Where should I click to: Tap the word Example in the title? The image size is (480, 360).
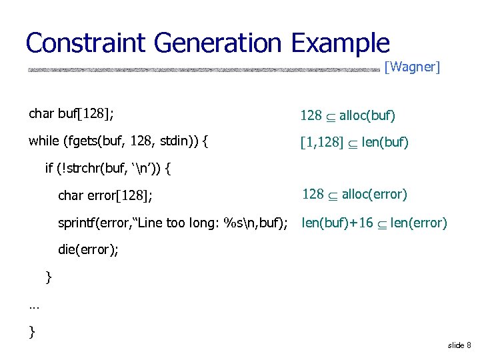[340, 43]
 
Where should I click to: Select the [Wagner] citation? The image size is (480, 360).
[413, 67]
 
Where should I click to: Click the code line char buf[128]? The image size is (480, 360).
[71, 113]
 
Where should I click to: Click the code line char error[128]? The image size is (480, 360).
[105, 195]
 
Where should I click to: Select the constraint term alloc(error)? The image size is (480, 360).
[374, 194]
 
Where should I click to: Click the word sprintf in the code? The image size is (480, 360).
[77, 223]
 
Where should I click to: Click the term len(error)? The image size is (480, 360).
[420, 223]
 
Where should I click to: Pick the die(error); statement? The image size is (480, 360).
[88, 250]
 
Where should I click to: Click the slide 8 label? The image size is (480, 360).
[459, 345]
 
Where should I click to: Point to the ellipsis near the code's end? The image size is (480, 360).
[35, 306]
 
